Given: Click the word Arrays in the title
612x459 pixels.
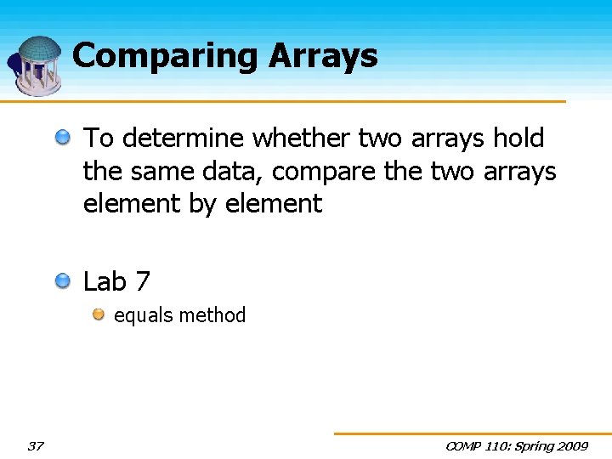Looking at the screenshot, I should point(324,56).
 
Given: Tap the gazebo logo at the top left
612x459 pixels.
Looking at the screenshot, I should point(37,65).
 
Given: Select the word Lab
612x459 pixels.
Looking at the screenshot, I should point(105,281).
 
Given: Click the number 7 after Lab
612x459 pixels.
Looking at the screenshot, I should point(144,281).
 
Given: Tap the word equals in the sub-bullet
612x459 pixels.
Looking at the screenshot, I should point(141,315).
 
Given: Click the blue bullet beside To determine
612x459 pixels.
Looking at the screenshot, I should point(64,136).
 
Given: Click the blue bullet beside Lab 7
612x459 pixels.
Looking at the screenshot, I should point(64,280).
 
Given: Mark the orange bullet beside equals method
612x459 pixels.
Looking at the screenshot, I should point(99,314).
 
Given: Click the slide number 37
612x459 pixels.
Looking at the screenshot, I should point(35,446).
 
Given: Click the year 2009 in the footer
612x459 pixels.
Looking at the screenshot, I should point(570,446).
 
